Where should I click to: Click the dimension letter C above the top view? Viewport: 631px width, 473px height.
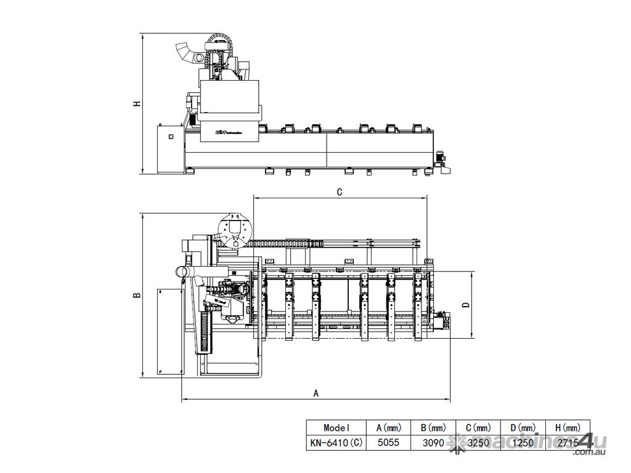point(340,192)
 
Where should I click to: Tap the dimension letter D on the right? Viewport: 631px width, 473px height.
point(466,305)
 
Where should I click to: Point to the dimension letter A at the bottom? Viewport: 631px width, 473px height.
point(316,393)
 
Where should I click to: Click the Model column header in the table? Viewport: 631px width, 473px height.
point(336,427)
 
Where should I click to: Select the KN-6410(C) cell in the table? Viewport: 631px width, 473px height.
point(336,442)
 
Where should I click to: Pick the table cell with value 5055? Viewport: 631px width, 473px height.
point(388,442)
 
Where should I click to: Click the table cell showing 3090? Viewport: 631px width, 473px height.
point(433,442)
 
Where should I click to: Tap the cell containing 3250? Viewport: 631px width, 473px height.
point(478,442)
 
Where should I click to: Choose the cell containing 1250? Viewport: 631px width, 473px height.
point(523,442)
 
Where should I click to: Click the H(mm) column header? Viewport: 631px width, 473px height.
point(568,427)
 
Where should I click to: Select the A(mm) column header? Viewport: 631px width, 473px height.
point(388,427)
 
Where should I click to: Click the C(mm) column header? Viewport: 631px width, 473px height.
point(478,427)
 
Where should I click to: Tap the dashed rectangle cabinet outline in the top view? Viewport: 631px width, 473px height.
point(169,331)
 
